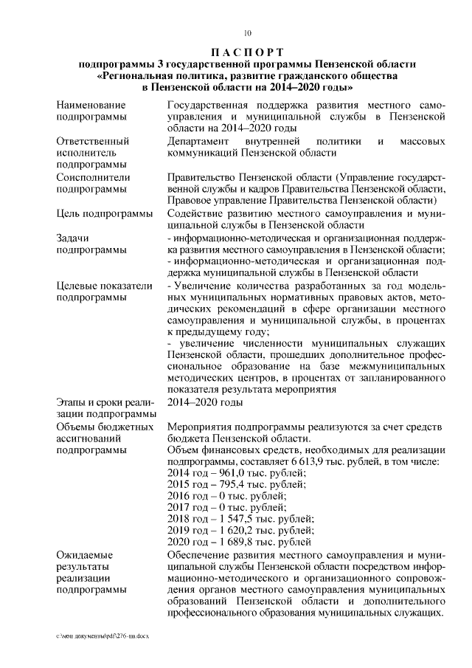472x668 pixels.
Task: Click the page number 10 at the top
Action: (x=249, y=32)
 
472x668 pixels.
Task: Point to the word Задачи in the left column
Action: (x=73, y=238)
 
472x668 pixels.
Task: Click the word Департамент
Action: (x=201, y=140)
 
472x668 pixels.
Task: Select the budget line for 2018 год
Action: (x=236, y=520)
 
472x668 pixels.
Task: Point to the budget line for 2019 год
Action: (x=236, y=531)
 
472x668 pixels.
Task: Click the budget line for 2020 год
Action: (x=236, y=543)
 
